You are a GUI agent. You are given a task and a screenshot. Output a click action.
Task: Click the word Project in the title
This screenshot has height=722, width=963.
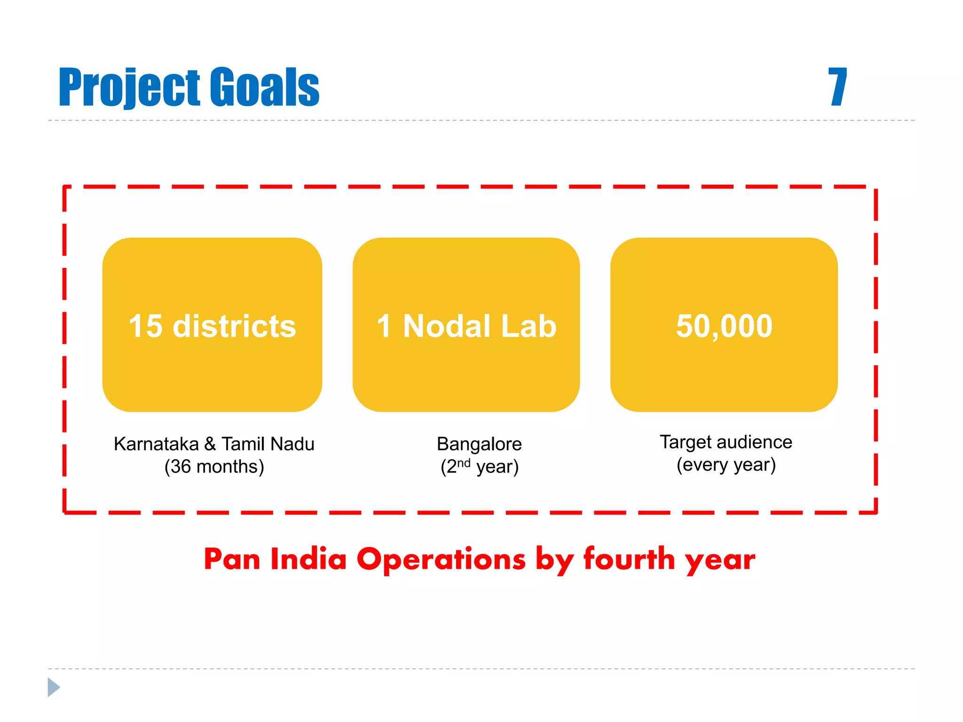tap(129, 87)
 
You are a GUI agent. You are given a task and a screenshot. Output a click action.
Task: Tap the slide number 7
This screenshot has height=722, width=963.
tap(837, 87)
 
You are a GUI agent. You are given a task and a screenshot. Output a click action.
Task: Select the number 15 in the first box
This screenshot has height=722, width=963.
tap(146, 326)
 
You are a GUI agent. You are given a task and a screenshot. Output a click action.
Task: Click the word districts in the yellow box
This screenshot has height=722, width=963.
tap(234, 326)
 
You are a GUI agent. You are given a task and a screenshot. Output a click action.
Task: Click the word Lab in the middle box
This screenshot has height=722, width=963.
tap(529, 326)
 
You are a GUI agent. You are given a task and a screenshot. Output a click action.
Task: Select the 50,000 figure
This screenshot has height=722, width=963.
tap(724, 326)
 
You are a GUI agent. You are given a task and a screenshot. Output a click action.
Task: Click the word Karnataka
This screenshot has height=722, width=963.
tap(157, 444)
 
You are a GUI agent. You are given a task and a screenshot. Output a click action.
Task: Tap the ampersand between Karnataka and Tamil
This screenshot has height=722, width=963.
tap(210, 444)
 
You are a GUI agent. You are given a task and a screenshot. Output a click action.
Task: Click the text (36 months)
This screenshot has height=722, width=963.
tap(214, 467)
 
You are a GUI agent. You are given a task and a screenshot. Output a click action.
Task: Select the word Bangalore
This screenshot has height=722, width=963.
tap(479, 444)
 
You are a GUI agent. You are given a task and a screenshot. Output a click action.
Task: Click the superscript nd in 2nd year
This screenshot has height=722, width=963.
tap(464, 463)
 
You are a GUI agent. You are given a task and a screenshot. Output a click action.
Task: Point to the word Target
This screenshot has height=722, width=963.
tap(686, 442)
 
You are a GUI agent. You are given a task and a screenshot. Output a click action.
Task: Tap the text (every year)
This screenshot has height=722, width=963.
tap(726, 465)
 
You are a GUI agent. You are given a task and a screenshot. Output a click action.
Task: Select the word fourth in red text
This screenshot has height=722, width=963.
tap(629, 559)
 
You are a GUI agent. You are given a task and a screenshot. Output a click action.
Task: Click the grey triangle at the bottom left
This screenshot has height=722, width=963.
tap(53, 687)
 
